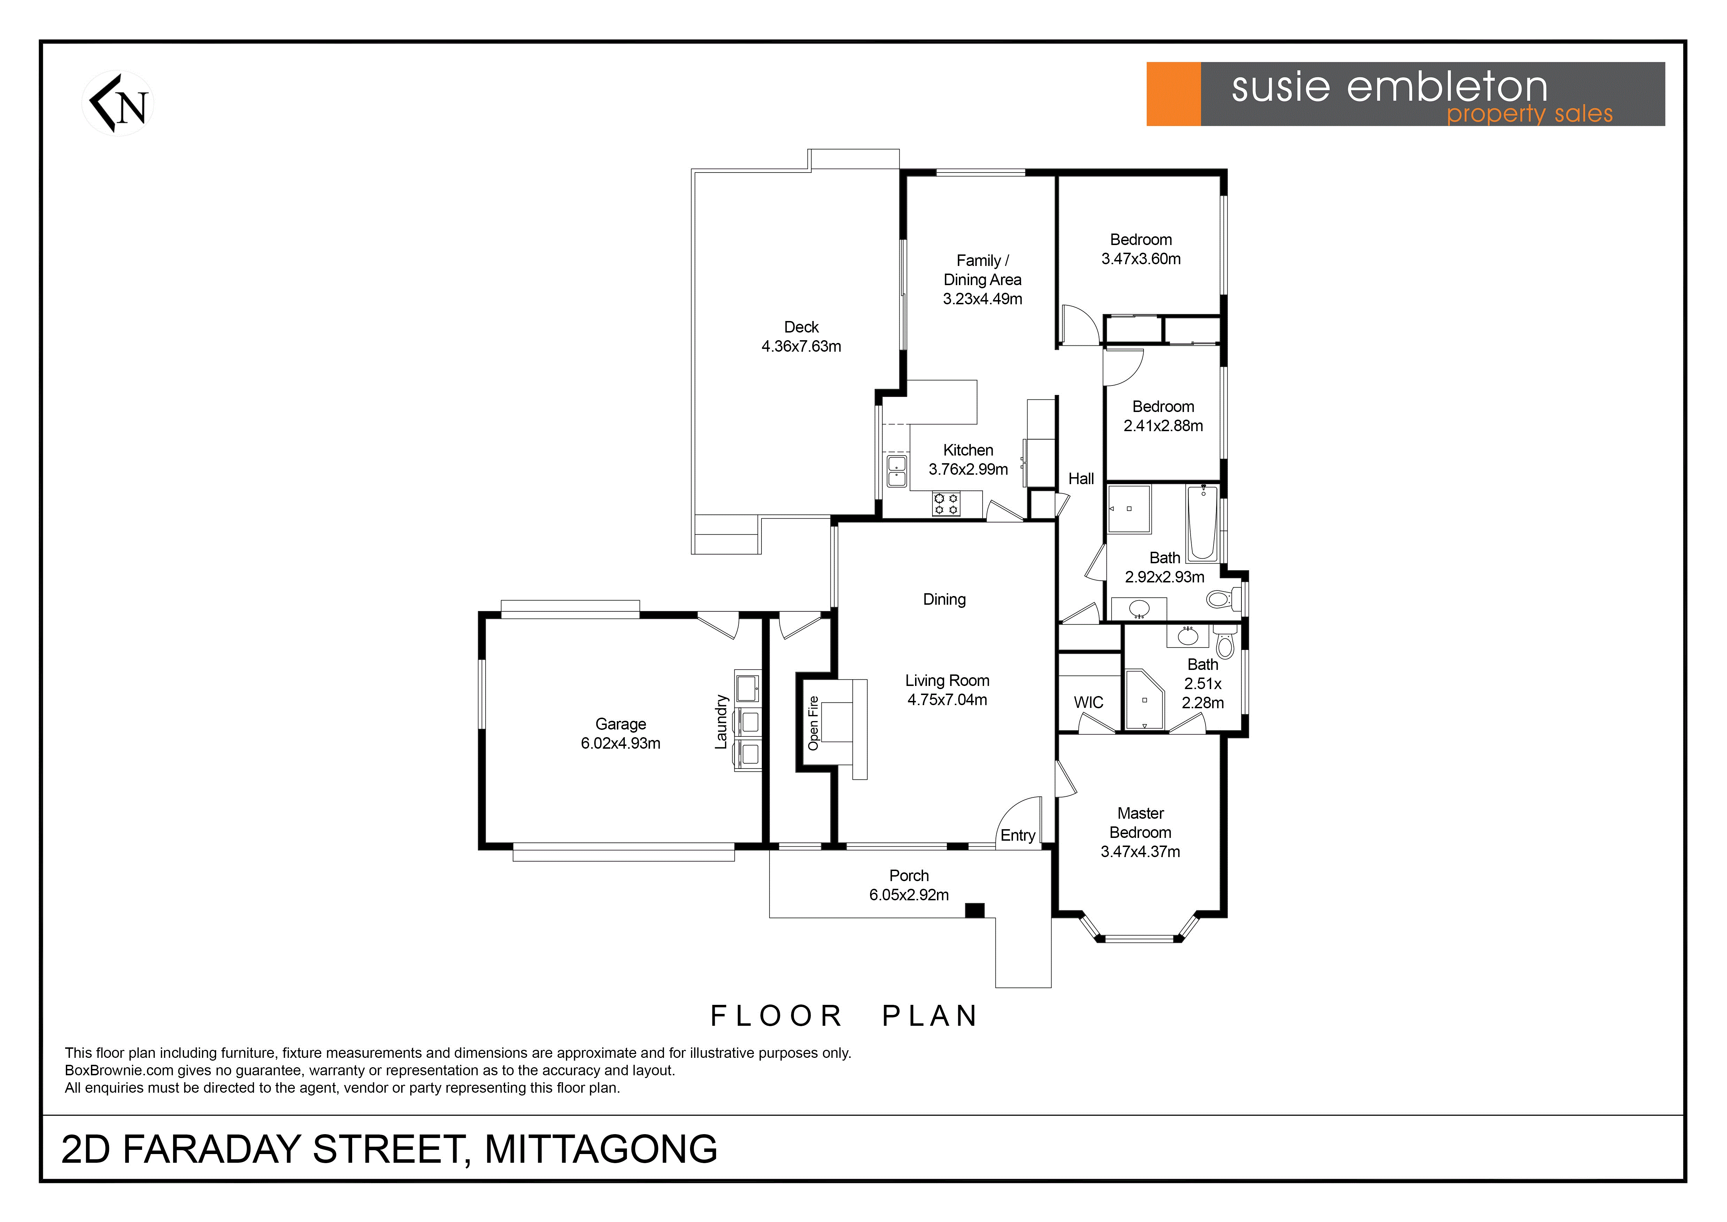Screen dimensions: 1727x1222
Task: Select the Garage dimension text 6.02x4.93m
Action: tap(621, 743)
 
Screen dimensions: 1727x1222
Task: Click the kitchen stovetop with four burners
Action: tap(946, 503)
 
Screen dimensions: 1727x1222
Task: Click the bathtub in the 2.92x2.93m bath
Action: tap(1203, 523)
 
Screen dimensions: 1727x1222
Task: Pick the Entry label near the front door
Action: tap(1018, 835)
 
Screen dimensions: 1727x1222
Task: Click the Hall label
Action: tap(1081, 479)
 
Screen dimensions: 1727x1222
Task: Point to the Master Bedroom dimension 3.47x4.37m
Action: tap(1140, 852)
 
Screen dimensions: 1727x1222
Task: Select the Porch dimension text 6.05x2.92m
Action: tap(909, 895)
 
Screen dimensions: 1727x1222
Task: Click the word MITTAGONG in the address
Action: tap(601, 1149)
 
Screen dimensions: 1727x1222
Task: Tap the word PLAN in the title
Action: tap(930, 1016)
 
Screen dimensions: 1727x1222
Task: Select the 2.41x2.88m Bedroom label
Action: tap(1163, 416)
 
